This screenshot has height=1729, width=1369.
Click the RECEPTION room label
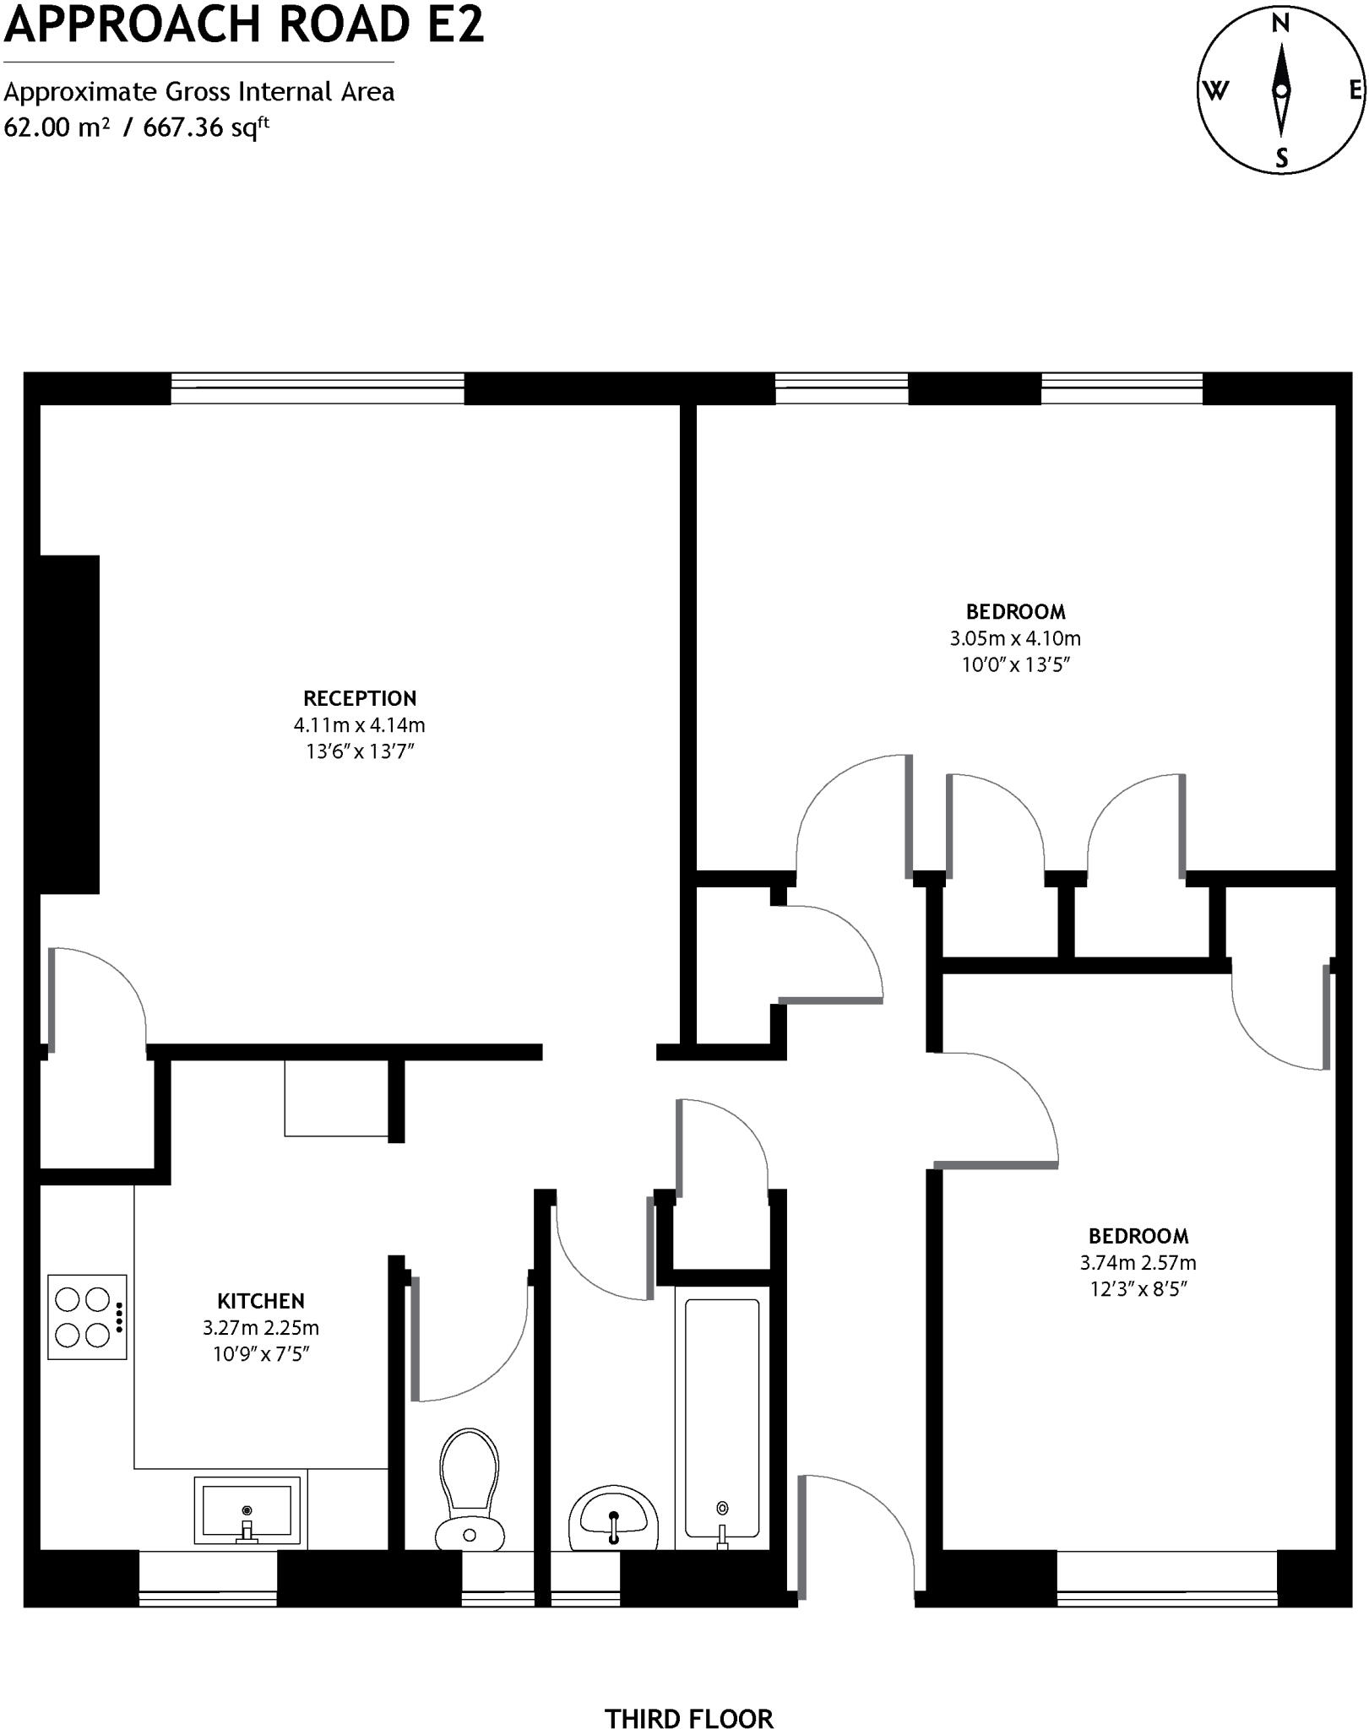[x=360, y=698]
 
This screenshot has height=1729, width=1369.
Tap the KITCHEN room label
[x=260, y=1301]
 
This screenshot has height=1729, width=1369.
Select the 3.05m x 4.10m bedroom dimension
[x=1015, y=638]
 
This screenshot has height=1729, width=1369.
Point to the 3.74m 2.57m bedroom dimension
[x=1138, y=1263]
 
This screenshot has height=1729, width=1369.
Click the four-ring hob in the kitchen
[x=87, y=1317]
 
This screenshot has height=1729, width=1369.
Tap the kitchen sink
[x=247, y=1510]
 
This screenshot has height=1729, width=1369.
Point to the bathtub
[x=721, y=1418]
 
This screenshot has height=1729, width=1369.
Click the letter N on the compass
[x=1280, y=24]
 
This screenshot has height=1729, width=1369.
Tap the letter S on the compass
[x=1282, y=158]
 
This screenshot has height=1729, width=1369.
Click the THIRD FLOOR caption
[x=688, y=1695]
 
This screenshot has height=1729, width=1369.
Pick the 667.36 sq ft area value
[x=206, y=127]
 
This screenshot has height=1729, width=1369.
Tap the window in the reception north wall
[x=318, y=389]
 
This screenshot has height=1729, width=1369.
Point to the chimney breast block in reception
[x=69, y=724]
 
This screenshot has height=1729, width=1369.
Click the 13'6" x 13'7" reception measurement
[x=360, y=751]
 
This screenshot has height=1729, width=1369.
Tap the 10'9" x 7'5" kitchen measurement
[x=260, y=1354]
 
